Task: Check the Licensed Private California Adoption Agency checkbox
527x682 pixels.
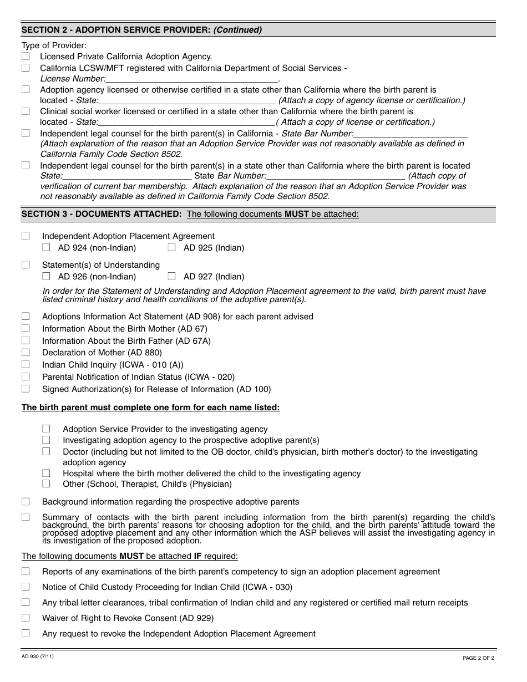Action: click(x=26, y=56)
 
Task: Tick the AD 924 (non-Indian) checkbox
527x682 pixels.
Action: click(x=46, y=247)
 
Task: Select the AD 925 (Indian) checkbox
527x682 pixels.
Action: click(x=172, y=247)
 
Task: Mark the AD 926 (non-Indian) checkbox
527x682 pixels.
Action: click(x=46, y=276)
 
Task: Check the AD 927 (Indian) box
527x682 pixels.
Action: click(x=172, y=276)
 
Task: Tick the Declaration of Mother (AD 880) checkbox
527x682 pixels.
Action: click(x=26, y=353)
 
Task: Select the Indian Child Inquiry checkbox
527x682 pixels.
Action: click(x=26, y=365)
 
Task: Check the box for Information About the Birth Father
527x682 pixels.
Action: click(x=26, y=340)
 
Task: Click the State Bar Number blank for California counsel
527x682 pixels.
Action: click(x=411, y=134)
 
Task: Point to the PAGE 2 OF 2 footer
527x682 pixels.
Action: click(x=478, y=658)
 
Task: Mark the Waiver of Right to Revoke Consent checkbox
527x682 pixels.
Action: click(x=26, y=618)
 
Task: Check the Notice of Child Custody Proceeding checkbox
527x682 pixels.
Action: click(x=26, y=587)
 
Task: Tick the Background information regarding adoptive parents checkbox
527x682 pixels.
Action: click(x=26, y=502)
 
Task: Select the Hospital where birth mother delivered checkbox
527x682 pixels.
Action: click(x=46, y=473)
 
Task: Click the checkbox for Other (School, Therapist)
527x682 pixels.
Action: click(x=46, y=483)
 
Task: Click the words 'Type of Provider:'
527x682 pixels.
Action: click(x=54, y=45)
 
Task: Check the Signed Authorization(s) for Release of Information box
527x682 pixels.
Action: click(x=26, y=389)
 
